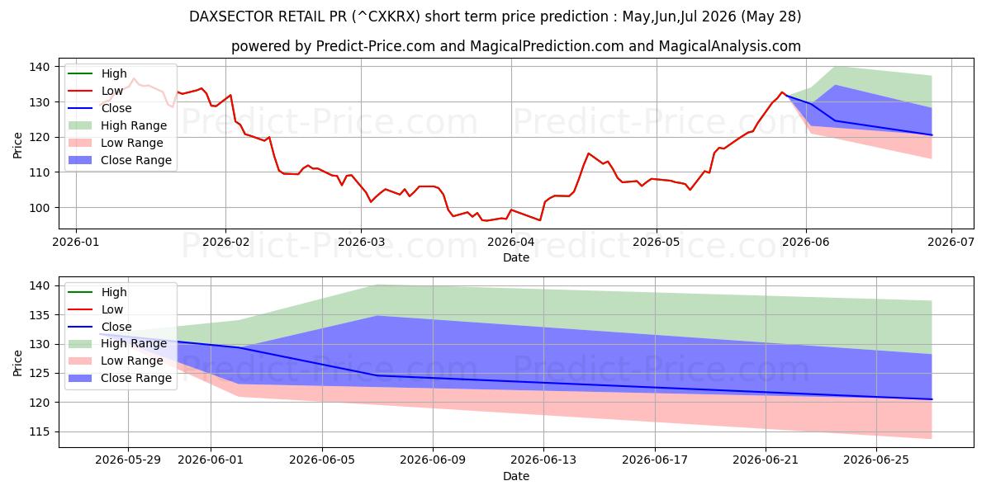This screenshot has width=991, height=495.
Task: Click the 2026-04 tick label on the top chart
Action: tap(511, 243)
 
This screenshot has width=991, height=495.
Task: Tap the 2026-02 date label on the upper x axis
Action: tap(225, 243)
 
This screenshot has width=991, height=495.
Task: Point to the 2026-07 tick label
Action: tap(951, 243)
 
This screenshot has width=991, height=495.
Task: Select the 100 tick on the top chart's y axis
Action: tap(40, 208)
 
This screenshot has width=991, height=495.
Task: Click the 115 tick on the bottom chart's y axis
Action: tap(40, 431)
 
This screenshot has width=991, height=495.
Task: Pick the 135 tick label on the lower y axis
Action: tap(40, 315)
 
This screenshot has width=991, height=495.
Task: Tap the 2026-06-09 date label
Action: tap(433, 460)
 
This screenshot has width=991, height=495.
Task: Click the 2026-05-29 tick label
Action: tap(128, 460)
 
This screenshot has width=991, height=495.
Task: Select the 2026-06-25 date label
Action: tap(876, 460)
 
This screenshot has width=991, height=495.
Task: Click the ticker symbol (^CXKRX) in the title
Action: tap(386, 16)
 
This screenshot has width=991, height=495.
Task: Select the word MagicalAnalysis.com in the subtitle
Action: tap(729, 46)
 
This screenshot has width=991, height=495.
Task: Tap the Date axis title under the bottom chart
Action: tap(516, 476)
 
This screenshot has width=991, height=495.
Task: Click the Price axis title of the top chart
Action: tap(17, 145)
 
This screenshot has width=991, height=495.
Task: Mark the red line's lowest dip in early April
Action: tap(540, 220)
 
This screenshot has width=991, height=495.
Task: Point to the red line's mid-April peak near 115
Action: tap(588, 153)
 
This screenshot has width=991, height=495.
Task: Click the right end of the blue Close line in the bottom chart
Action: tap(932, 399)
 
